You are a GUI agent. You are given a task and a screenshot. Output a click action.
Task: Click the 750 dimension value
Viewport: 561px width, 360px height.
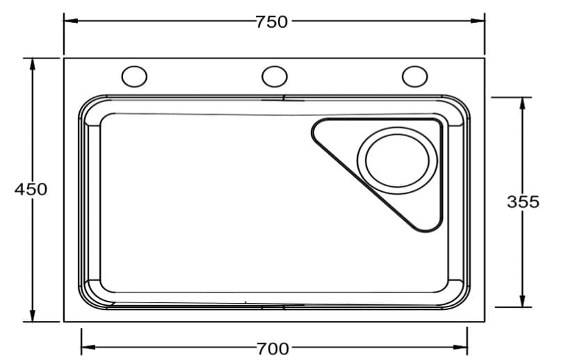pyautogui.click(x=272, y=22)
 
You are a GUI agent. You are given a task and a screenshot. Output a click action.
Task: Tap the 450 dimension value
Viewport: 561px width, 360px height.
pyautogui.click(x=31, y=189)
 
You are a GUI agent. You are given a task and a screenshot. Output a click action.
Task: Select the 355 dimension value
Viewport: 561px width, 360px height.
pyautogui.click(x=523, y=202)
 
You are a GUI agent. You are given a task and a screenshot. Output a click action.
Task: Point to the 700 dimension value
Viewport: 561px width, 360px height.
pyautogui.click(x=273, y=349)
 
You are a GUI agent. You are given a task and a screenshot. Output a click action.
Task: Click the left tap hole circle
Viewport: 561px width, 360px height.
pyautogui.click(x=134, y=76)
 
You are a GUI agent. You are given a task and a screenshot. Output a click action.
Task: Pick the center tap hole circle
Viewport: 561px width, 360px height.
pyautogui.click(x=275, y=76)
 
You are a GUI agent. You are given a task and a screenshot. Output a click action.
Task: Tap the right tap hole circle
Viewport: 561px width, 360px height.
pyautogui.click(x=415, y=76)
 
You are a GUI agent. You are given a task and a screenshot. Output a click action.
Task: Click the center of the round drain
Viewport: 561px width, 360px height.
pyautogui.click(x=397, y=161)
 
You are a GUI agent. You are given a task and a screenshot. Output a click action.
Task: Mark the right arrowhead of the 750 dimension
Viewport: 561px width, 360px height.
pyautogui.click(x=478, y=21)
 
